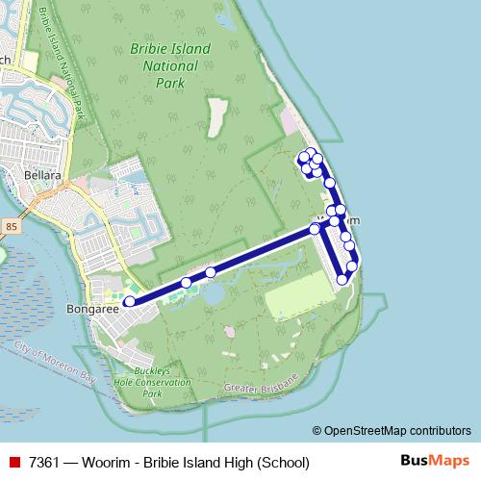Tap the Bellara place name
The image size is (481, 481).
[x=43, y=177]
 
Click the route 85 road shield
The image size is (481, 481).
[x=12, y=226]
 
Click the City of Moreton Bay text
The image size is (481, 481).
[x=56, y=363]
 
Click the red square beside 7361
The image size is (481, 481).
[x=13, y=463]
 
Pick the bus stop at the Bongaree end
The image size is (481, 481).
[x=130, y=302]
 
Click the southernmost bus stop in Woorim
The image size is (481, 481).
[x=342, y=280]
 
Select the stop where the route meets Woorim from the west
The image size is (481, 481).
[x=315, y=229]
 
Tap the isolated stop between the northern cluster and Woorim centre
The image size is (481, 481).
[x=329, y=183]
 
